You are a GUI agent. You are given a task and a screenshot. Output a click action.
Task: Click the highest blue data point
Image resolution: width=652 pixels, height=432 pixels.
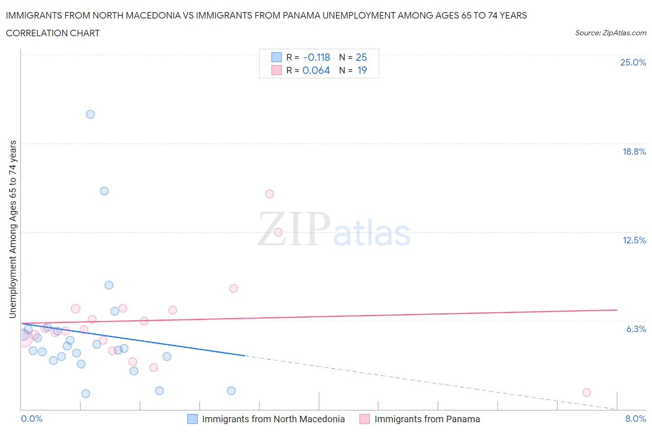(x=90, y=114)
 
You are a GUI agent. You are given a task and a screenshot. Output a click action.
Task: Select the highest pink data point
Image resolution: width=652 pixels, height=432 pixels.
(x=269, y=194)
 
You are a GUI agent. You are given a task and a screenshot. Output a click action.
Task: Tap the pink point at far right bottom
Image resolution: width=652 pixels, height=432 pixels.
(x=586, y=393)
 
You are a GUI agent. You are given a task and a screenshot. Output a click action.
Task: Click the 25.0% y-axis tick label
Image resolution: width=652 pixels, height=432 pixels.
(x=633, y=62)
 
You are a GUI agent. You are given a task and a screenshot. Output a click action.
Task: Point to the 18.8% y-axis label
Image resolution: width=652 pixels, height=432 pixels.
(x=634, y=151)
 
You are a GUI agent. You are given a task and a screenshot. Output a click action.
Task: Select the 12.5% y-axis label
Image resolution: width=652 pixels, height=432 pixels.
(x=634, y=240)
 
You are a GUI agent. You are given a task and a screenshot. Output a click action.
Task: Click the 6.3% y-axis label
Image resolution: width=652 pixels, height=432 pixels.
(x=636, y=329)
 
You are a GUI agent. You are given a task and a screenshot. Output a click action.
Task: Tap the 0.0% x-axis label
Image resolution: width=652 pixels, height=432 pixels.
(x=32, y=419)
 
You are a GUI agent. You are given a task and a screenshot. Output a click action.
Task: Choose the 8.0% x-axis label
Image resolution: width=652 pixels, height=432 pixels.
(x=635, y=419)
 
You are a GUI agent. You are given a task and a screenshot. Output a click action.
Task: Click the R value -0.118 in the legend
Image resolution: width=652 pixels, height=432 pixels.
(x=316, y=57)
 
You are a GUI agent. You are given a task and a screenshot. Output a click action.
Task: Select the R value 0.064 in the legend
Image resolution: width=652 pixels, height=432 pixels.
(x=316, y=70)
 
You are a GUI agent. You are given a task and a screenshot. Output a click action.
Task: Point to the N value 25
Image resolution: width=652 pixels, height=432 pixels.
(x=361, y=57)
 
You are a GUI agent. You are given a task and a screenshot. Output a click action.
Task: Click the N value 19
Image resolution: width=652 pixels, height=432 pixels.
(x=362, y=70)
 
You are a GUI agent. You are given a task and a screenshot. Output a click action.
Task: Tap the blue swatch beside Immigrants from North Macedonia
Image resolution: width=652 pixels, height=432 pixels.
(x=192, y=419)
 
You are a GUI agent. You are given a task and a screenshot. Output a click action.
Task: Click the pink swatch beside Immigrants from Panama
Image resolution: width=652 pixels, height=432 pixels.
(x=364, y=419)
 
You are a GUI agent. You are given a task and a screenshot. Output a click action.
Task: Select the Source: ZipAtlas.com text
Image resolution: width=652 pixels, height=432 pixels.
(x=610, y=33)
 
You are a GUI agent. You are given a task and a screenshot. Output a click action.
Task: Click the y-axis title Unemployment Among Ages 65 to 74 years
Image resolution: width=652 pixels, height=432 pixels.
(x=13, y=229)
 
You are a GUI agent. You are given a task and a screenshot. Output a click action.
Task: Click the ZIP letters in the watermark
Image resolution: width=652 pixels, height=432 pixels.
(x=294, y=229)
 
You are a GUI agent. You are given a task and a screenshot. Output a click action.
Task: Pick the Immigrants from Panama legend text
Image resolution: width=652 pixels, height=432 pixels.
(x=427, y=419)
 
